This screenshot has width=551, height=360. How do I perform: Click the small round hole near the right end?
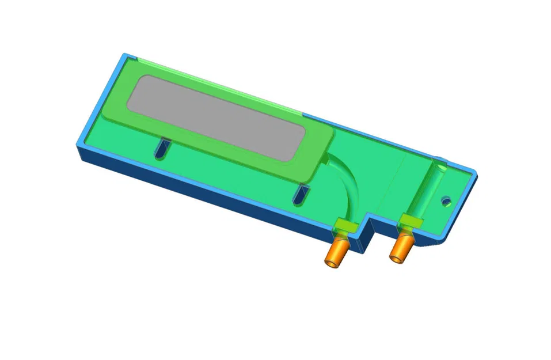(x=445, y=201)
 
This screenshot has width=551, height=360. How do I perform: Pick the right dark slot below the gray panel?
(x=299, y=195)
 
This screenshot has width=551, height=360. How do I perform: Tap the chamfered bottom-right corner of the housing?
(x=440, y=242)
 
